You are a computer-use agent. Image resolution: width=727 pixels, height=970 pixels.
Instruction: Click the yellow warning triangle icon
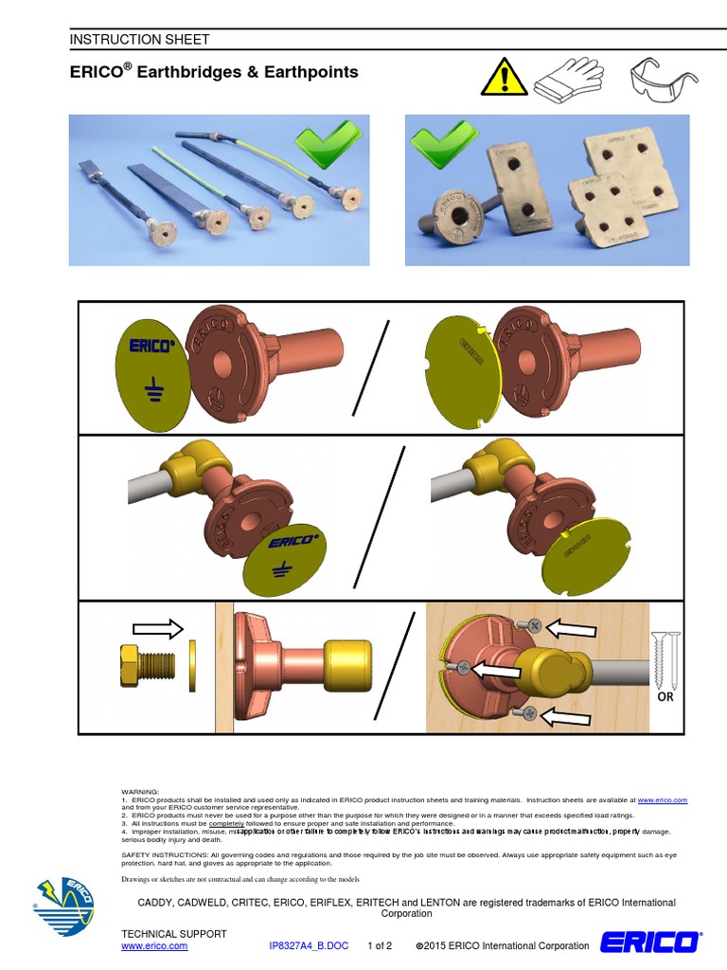pos(504,77)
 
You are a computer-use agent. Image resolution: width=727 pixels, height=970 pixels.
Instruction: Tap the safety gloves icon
pos(567,77)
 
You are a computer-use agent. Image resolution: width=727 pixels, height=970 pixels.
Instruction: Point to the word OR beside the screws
pos(667,698)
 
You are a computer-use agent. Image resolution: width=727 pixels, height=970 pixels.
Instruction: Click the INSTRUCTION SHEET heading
pos(139,39)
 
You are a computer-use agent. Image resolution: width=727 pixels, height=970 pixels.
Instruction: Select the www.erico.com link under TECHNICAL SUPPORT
pos(154,946)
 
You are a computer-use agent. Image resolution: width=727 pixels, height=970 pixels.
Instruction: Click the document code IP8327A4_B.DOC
pos(309,946)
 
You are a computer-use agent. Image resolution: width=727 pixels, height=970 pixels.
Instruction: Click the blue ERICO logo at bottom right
pos(650,943)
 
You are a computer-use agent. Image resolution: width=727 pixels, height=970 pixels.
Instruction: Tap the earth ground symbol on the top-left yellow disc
pos(150,385)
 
